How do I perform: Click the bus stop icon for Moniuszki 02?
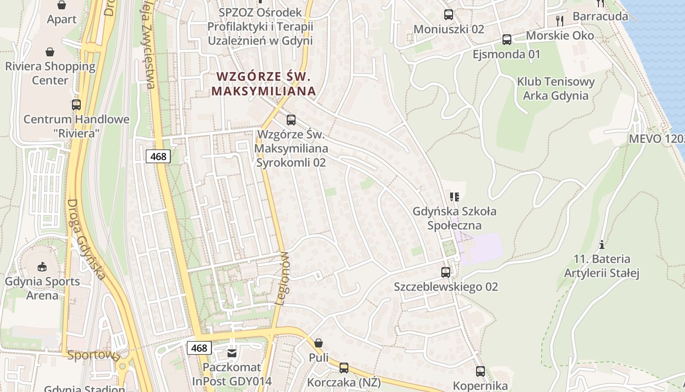[448, 15]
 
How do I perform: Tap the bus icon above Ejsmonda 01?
[507, 40]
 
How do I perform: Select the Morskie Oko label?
[560, 35]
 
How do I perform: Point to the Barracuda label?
[600, 16]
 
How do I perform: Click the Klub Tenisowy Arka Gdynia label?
[556, 89]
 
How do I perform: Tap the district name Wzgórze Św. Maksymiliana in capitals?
[264, 84]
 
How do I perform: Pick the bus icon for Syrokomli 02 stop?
[291, 120]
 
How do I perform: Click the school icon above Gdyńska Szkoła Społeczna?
[455, 197]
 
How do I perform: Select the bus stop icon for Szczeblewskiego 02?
[446, 272]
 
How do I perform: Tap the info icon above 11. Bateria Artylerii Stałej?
[602, 245]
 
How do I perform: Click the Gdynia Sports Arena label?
[42, 288]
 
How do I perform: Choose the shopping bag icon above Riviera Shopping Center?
[50, 52]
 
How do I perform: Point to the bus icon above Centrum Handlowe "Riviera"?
[76, 104]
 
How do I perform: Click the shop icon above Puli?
[319, 343]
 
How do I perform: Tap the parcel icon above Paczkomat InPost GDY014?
[232, 353]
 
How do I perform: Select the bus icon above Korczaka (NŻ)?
[344, 367]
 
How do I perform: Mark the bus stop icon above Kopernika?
[480, 371]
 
